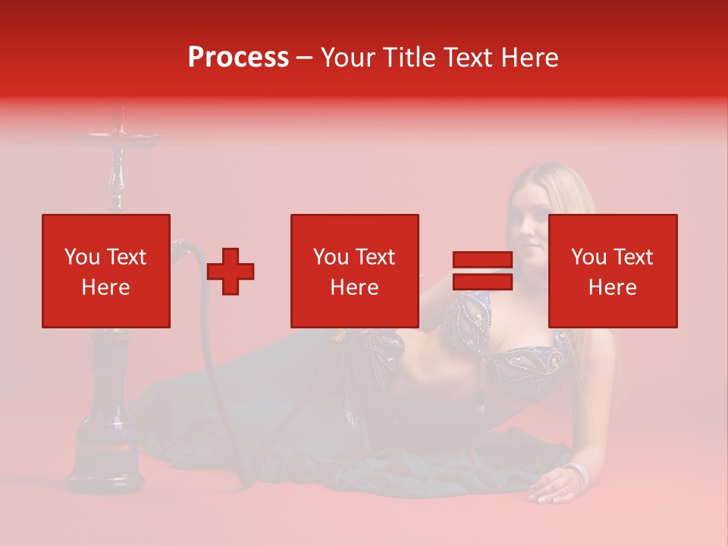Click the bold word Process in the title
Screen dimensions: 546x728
238,58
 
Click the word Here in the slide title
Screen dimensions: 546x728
528,58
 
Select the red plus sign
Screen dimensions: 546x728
231,271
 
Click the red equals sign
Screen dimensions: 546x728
482,271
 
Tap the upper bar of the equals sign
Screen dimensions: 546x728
482,260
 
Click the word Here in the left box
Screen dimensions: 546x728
105,287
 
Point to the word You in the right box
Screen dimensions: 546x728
588,257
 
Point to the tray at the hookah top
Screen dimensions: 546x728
118,138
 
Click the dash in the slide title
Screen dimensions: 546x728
305,58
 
